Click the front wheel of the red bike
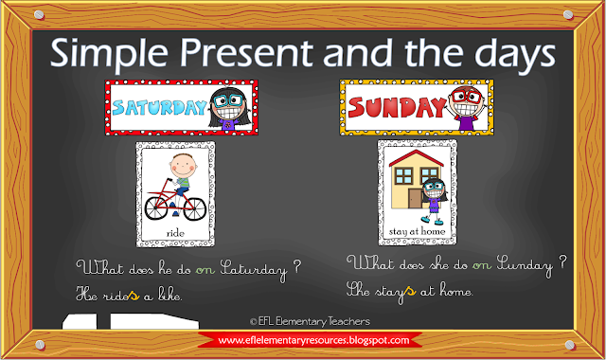click(x=193, y=210)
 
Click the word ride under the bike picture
click(x=175, y=231)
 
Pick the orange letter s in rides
click(x=134, y=296)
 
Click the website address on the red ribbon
click(x=312, y=340)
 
